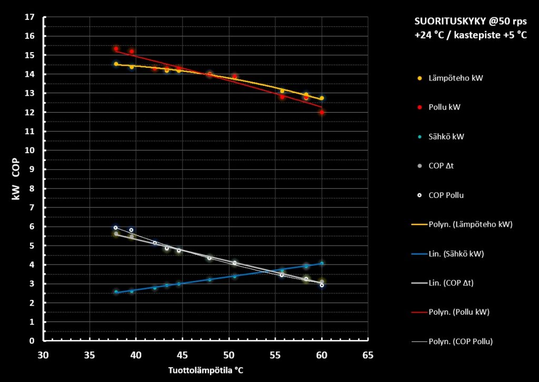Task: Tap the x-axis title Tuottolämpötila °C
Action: click(206, 370)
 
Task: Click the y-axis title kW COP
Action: click(16, 179)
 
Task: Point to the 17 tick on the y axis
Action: click(30, 17)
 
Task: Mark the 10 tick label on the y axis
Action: click(30, 150)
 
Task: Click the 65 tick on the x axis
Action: click(368, 355)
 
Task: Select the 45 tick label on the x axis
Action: click(182, 355)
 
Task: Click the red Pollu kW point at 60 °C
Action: click(322, 113)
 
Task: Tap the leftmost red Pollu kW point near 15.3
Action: click(116, 49)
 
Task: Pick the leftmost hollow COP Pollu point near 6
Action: click(116, 228)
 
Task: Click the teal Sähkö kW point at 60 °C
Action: click(322, 264)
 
